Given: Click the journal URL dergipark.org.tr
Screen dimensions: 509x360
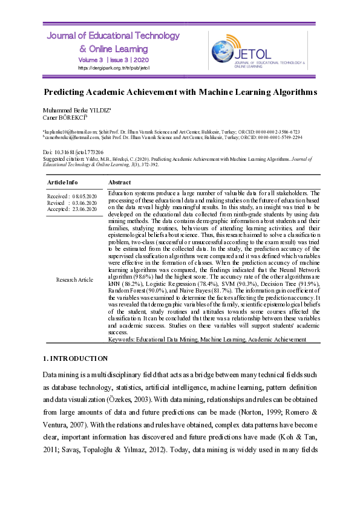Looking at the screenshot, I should point(114,68).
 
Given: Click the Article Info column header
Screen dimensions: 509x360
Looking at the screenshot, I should point(62,182).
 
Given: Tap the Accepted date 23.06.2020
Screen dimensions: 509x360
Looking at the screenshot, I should point(84,209).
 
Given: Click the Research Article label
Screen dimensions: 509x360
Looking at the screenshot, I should point(74,279).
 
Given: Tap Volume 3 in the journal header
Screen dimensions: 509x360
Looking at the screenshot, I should point(91,60).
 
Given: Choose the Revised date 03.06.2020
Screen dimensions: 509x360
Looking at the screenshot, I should point(84,203).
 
